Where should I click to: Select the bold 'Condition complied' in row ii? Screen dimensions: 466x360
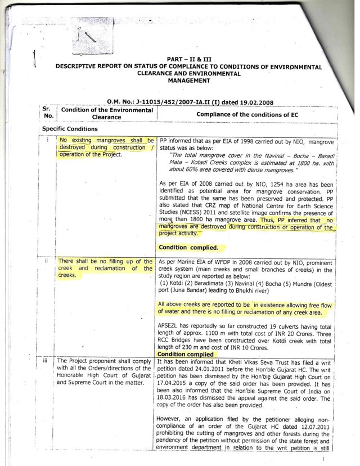pos(185,355)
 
